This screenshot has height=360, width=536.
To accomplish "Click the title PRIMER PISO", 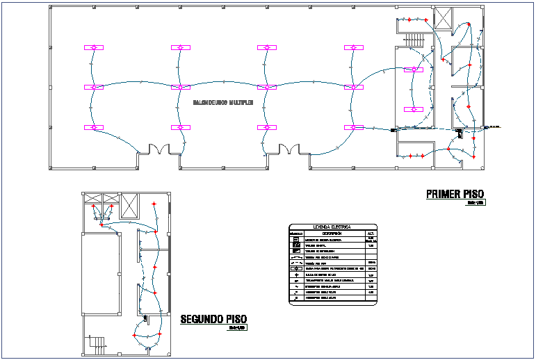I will click(x=455, y=194).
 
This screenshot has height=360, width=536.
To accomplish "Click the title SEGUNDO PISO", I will click(x=213, y=320).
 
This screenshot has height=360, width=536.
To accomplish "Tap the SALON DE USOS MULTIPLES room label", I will click(x=222, y=102).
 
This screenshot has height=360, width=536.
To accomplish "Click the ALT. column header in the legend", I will click(x=371, y=233).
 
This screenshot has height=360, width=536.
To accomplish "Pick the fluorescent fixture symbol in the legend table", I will click(x=295, y=268).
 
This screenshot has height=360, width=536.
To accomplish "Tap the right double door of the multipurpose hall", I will click(x=288, y=149).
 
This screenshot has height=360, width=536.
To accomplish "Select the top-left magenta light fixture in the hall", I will click(x=94, y=47).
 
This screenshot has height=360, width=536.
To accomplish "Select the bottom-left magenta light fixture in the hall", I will click(x=94, y=128).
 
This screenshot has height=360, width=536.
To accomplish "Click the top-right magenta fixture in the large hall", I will click(x=354, y=47).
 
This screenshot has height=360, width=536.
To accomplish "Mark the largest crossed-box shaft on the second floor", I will click(x=129, y=206).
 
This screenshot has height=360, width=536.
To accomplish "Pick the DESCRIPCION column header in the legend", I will click(x=332, y=233).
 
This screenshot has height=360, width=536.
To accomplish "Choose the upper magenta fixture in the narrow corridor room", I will click(x=414, y=69).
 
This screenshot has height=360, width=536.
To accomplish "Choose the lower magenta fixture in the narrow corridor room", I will click(x=414, y=110).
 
